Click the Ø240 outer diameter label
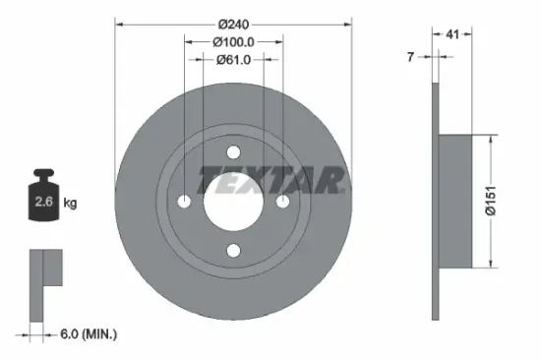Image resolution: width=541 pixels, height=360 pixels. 234,23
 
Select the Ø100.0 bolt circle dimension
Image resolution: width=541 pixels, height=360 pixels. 234,41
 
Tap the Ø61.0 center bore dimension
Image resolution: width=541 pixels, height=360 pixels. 234,60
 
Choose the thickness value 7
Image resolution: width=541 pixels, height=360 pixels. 412,57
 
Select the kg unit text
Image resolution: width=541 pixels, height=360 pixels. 69,204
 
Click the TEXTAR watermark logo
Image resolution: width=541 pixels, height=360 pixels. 271,180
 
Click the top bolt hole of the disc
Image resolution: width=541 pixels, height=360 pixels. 234,152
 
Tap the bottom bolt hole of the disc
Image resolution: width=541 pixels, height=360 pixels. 234,250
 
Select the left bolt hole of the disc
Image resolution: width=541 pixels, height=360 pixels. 185,201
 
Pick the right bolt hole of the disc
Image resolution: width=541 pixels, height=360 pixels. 283,201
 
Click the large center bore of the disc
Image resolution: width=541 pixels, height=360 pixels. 234,201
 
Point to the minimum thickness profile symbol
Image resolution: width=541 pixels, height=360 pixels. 44,280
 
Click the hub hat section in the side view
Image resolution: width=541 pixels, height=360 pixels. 457,201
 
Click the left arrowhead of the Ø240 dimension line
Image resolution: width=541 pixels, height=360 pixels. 120,23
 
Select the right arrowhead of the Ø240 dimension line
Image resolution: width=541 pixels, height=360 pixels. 348,23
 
